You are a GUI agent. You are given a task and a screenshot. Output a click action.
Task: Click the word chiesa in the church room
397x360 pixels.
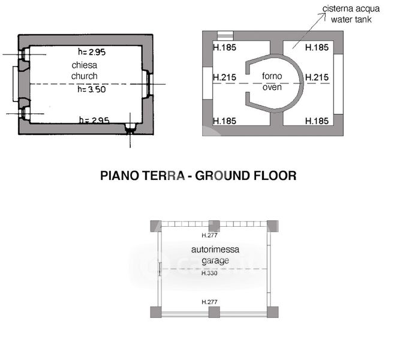click(x=85, y=65)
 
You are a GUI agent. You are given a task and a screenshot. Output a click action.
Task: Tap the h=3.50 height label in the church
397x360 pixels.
click(x=92, y=89)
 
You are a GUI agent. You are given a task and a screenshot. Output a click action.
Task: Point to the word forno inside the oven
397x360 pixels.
click(x=272, y=76)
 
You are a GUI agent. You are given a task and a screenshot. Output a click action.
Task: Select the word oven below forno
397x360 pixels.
click(x=272, y=87)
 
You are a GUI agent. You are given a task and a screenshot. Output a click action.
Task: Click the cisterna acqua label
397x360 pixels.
click(x=351, y=8)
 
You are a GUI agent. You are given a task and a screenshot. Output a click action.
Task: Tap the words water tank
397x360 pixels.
click(x=351, y=20)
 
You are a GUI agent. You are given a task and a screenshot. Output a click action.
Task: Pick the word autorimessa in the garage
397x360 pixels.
click(x=215, y=250)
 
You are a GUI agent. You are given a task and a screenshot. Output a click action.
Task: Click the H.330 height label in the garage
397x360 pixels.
click(x=209, y=273)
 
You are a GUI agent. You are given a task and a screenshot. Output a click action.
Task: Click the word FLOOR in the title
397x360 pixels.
click(x=275, y=176)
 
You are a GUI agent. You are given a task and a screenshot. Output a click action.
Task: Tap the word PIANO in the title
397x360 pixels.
click(x=120, y=176)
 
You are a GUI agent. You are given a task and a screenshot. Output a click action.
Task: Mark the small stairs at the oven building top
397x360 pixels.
click(x=225, y=35)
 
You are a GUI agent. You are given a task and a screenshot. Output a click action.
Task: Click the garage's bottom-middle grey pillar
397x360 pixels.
click(x=214, y=312)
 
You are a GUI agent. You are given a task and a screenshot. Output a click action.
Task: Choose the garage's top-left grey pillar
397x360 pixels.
click(x=156, y=226)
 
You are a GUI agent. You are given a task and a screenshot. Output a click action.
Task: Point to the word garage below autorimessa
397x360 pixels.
click(x=215, y=260)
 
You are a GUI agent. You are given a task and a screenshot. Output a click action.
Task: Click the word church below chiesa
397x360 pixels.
click(x=85, y=76)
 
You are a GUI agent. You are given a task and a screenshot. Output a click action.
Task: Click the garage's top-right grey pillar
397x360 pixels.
click(x=273, y=226)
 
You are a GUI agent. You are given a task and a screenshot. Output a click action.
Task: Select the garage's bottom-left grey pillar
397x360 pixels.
click(x=156, y=312)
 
